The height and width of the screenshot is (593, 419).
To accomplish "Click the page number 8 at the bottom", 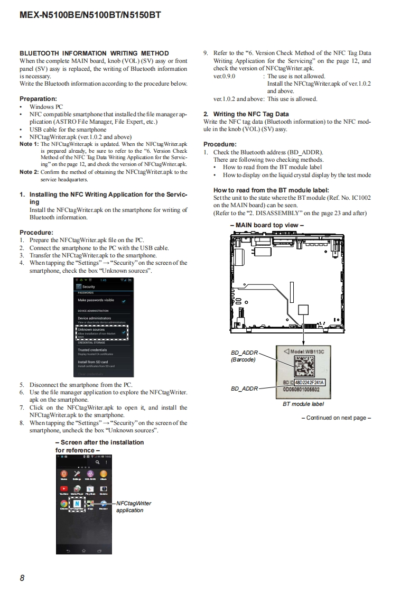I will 22,578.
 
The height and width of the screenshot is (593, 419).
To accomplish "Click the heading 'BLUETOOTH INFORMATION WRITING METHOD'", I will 94,53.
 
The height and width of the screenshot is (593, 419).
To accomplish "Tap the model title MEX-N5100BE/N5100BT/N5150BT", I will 90,15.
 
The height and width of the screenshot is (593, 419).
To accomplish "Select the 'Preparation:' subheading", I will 38,99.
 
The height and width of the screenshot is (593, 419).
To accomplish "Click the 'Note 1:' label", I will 29,144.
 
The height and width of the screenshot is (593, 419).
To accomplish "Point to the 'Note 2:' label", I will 29,172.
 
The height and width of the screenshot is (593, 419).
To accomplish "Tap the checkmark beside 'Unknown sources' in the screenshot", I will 124,332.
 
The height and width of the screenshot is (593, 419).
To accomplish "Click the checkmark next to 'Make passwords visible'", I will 124,301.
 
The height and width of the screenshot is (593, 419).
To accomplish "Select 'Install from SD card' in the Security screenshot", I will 93,362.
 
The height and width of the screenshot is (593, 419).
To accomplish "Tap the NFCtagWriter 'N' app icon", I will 78,504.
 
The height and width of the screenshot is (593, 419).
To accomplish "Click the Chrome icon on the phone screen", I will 63,504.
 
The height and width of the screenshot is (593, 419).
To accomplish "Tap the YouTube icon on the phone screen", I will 64,489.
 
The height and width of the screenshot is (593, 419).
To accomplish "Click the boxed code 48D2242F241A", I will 309,382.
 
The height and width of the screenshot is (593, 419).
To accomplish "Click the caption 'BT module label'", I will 303,404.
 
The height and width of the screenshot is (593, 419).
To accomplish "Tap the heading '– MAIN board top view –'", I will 267,225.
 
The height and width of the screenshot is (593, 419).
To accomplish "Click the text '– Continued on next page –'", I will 336,418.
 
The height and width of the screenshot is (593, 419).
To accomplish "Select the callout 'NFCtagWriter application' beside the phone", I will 133,507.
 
